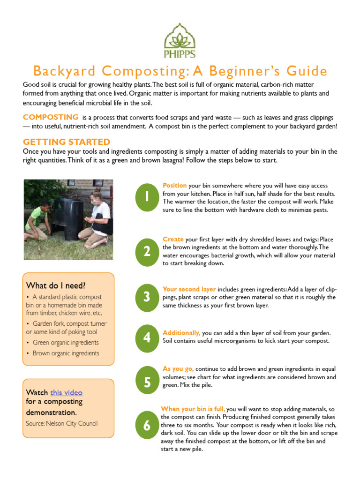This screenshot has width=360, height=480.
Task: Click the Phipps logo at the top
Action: (180, 41)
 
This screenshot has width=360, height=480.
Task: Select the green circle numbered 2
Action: (147, 252)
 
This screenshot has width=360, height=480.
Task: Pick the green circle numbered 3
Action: (147, 297)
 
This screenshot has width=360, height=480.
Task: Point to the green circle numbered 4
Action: (147, 337)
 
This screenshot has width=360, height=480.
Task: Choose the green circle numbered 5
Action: (147, 382)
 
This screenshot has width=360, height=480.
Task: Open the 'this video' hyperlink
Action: (66, 393)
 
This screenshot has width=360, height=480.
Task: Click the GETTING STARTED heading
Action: (67, 142)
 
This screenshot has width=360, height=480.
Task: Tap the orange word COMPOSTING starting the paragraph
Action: (51, 117)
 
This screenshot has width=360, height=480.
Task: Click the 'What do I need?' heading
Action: (56, 285)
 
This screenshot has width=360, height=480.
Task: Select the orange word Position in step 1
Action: (174, 186)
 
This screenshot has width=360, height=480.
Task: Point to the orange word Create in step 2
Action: (173, 239)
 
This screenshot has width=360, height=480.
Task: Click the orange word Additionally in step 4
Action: (181, 333)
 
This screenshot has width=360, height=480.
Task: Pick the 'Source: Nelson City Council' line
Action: (62, 424)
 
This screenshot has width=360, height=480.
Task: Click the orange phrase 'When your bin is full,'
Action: (193, 409)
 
